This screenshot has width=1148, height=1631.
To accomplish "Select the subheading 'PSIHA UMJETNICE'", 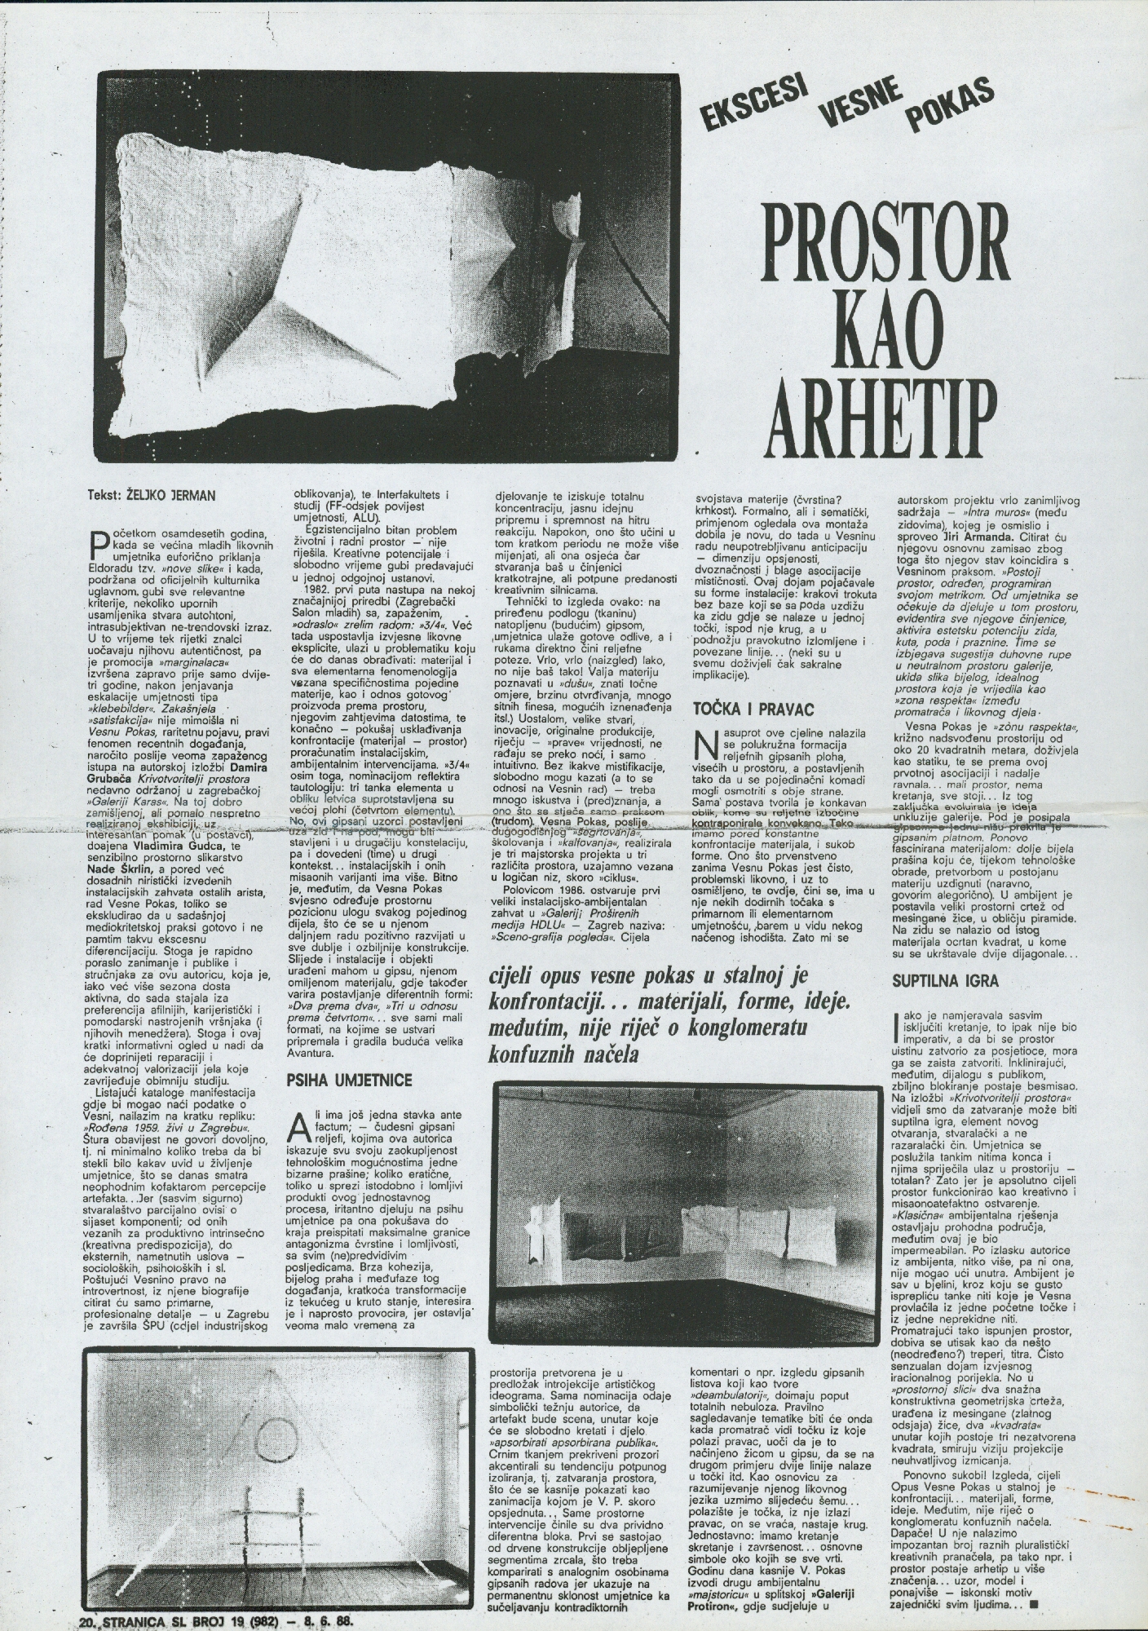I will (x=349, y=1081).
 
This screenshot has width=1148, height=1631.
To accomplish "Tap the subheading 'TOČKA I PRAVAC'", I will (x=753, y=709).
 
